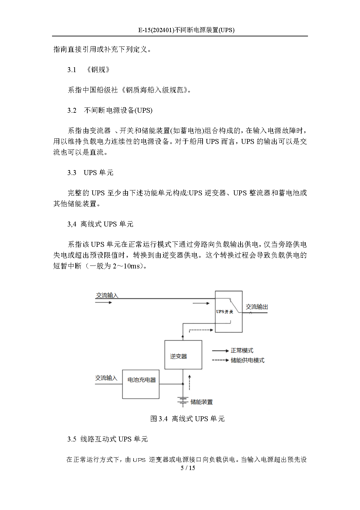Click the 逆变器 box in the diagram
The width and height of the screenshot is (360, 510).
[183, 355]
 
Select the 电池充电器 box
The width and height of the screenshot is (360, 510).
[141, 384]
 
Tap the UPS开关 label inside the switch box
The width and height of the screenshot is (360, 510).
[225, 312]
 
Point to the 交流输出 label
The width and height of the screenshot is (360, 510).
[257, 307]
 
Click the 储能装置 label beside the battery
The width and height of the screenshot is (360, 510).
[202, 402]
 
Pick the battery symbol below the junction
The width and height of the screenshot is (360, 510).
[183, 401]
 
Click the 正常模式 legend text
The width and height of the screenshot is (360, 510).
[242, 351]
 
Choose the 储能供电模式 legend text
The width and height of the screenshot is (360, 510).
[247, 360]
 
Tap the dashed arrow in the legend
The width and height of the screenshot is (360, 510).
[220, 360]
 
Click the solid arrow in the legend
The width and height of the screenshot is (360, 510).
[220, 351]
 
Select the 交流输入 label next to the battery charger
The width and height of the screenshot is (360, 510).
[106, 378]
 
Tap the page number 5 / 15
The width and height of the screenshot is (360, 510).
[188, 468]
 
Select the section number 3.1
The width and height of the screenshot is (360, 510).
[72, 70]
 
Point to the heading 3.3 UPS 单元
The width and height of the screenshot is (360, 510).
[90, 173]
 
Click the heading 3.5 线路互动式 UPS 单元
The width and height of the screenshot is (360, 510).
[107, 439]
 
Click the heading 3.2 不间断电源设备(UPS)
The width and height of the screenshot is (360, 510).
[110, 110]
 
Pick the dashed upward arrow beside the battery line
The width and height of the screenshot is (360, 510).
[189, 382]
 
